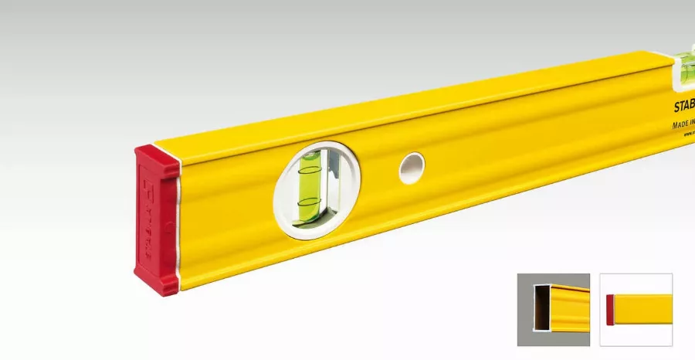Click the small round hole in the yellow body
pyautogui.click(x=412, y=168)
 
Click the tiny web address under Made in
pyautogui.click(x=688, y=134)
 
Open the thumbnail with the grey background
pyautogui.click(x=553, y=310)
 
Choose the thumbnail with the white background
pyautogui.click(x=636, y=310)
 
